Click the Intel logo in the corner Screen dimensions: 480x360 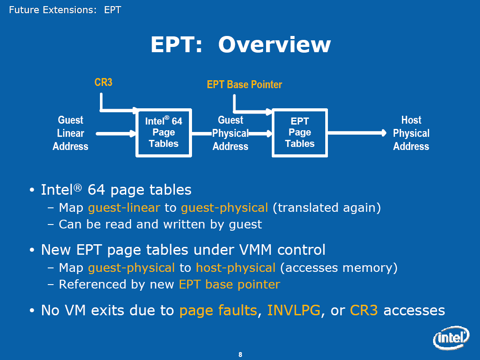point(451,338)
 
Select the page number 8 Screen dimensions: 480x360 point(240,354)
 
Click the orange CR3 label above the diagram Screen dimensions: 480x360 point(103,82)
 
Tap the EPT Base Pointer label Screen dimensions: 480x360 point(244,85)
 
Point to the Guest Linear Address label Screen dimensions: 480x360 point(71,133)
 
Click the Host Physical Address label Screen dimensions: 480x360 point(411,133)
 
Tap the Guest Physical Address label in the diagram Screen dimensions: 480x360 point(231,133)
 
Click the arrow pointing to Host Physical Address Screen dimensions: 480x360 point(357,133)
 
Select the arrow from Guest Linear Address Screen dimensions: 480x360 point(116,133)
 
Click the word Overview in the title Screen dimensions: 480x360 point(274,45)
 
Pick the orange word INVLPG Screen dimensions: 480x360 point(294,310)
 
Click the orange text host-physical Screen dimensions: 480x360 point(236,268)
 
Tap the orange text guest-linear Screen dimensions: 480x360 point(124,208)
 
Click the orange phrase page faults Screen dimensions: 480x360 point(218,310)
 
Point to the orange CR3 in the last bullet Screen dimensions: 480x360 point(364,310)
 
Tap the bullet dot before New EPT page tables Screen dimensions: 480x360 point(32,250)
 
